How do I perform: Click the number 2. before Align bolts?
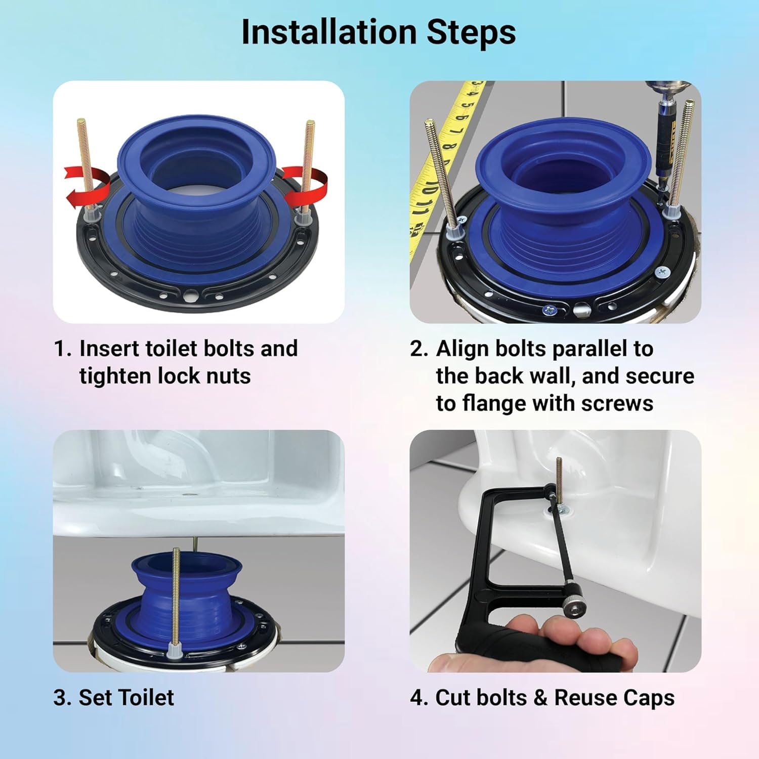click(419, 349)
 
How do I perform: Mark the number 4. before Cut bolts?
click(419, 698)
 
